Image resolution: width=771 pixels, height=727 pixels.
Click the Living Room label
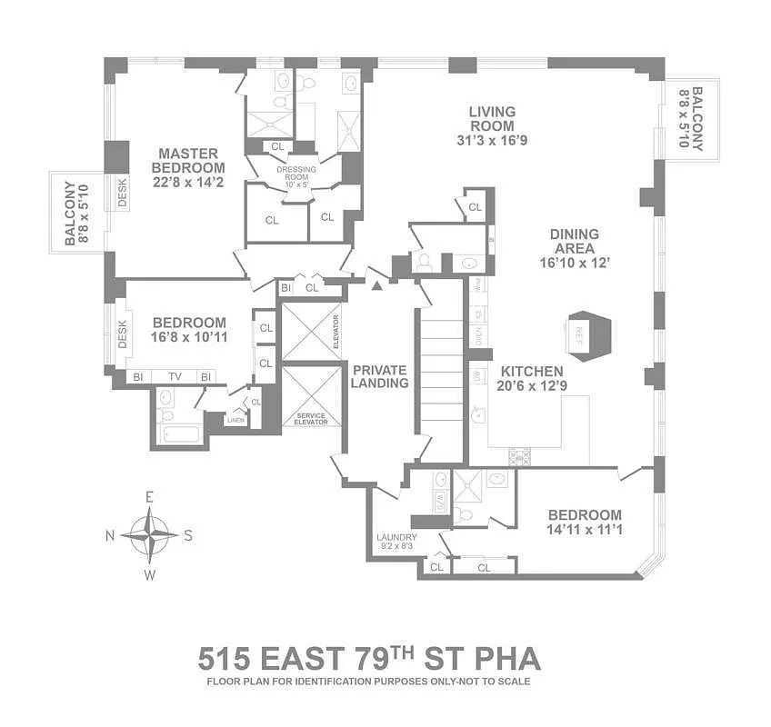point(491,126)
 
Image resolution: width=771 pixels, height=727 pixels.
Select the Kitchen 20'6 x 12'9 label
point(529,378)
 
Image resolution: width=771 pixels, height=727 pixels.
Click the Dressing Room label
point(296,177)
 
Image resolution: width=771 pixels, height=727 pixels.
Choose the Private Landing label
point(379,376)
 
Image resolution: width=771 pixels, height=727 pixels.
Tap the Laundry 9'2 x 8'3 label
point(396,542)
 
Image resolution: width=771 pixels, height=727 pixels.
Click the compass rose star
point(149,534)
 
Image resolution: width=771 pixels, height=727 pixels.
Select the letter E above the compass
point(150,497)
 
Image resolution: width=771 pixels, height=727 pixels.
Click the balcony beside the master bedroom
point(77,213)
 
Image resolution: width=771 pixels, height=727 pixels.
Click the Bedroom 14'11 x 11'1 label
point(584,522)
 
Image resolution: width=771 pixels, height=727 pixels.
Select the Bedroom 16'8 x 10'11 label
point(188,330)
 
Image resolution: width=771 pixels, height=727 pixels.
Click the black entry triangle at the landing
point(376,287)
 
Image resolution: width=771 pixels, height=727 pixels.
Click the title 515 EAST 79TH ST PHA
point(368,657)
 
